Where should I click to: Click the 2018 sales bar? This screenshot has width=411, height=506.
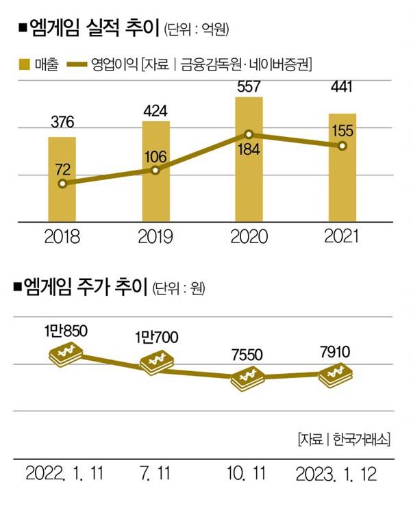click(x=62, y=179)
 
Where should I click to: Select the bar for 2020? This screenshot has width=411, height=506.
click(x=249, y=159)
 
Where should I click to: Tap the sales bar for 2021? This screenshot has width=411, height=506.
click(x=342, y=168)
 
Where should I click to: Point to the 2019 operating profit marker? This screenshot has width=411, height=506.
click(x=155, y=170)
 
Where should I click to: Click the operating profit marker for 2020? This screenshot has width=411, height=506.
click(x=249, y=135)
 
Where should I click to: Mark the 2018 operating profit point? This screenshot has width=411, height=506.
click(x=62, y=184)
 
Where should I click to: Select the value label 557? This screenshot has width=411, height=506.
click(x=249, y=87)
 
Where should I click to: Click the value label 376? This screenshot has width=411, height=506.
click(x=62, y=123)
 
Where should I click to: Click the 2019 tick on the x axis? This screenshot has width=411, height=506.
click(x=155, y=237)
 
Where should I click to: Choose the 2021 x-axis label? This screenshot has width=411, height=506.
click(x=342, y=237)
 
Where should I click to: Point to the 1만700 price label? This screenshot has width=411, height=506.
click(x=158, y=338)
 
